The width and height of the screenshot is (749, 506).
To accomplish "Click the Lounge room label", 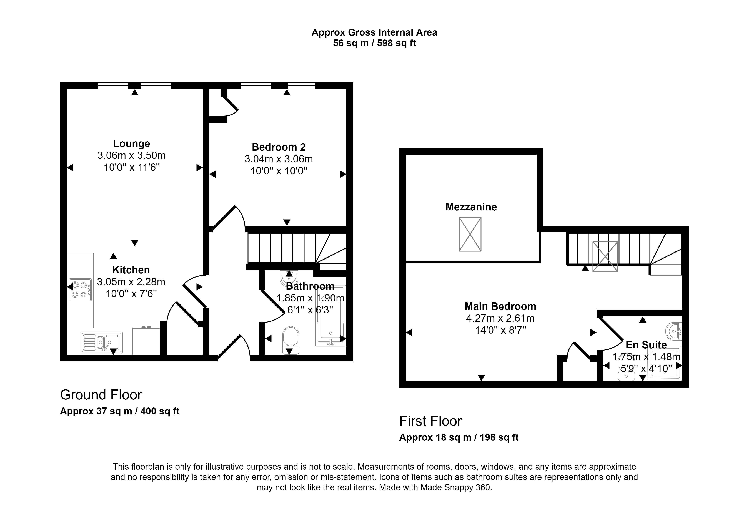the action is click(131, 144).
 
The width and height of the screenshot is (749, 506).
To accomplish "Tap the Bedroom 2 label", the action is click(279, 147).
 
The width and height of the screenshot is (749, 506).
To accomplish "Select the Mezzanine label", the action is click(471, 207).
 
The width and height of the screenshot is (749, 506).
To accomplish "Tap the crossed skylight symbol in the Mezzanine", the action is click(470, 234).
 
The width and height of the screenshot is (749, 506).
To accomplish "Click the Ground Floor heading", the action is click(101, 395).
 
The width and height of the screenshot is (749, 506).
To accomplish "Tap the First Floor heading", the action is click(431, 421).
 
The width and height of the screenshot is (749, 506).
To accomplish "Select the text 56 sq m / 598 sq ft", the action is click(375, 43).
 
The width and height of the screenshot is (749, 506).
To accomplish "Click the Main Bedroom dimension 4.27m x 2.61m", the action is click(500, 318).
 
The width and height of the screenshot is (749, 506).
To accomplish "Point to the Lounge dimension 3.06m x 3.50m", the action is click(131, 156).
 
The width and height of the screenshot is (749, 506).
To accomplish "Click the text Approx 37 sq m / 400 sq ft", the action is click(120, 411).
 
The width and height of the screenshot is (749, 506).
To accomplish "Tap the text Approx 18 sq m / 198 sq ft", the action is click(459, 437).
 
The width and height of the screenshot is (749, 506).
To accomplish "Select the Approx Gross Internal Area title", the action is click(375, 32).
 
